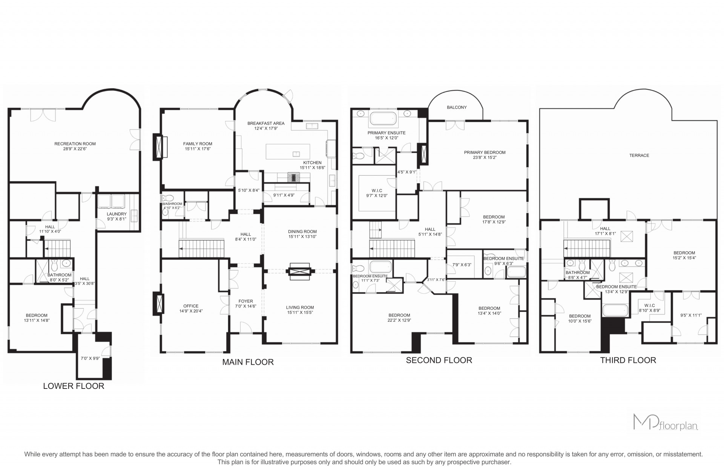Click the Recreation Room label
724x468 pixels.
(x=75, y=144)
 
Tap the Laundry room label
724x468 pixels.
(x=117, y=214)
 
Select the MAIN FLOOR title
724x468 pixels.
(x=248, y=362)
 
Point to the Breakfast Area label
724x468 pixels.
(x=266, y=123)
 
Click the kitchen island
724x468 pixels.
(x=288, y=151)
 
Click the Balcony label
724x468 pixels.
(x=457, y=107)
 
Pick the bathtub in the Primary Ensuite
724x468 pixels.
(x=383, y=118)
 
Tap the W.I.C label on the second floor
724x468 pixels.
(x=377, y=191)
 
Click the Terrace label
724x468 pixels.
(x=639, y=155)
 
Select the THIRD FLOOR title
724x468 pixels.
(x=628, y=360)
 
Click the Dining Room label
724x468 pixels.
(x=302, y=232)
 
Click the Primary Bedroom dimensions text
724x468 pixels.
(x=485, y=158)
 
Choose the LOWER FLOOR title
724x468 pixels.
(x=74, y=386)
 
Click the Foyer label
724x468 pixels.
(x=245, y=301)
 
